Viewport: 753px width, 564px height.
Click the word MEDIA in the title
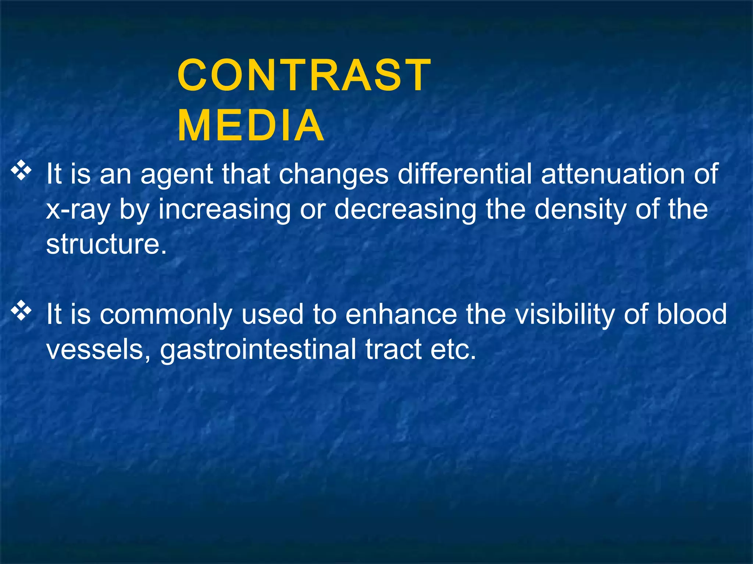(251, 126)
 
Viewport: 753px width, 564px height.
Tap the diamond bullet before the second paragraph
(22, 310)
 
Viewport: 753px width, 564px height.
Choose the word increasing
(224, 210)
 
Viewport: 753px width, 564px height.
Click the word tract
(393, 350)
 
